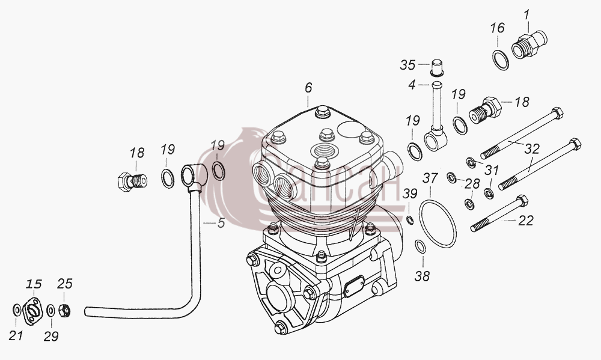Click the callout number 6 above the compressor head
(308, 88)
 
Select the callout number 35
(408, 65)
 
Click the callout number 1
(526, 15)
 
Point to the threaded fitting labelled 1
(529, 45)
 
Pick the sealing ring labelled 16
(501, 60)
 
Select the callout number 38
(422, 276)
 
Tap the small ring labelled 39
(410, 220)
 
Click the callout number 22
(526, 221)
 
